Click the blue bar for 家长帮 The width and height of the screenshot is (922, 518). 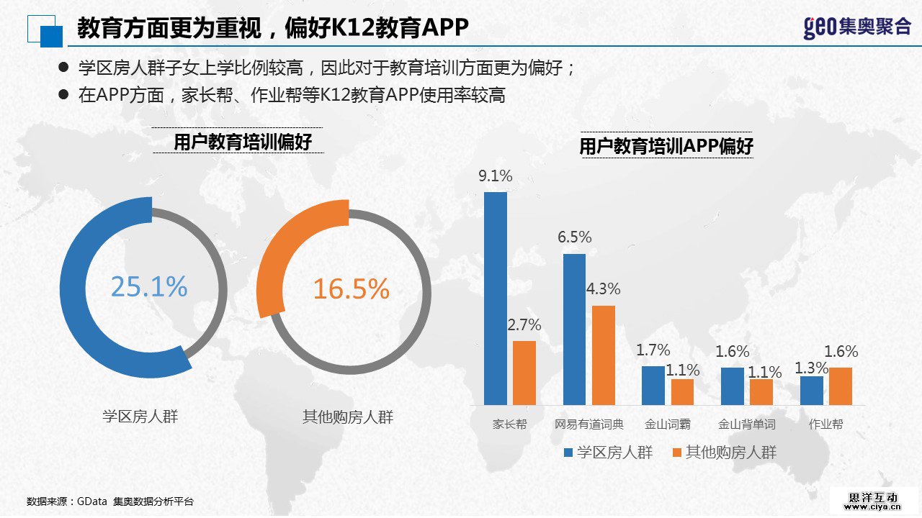(x=496, y=298)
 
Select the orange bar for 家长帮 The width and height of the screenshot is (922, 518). (x=524, y=373)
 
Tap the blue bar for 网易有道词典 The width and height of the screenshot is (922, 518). (x=574, y=329)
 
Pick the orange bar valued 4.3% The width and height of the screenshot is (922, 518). (x=604, y=355)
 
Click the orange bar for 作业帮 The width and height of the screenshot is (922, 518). (x=841, y=386)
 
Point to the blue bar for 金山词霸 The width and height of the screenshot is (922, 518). (x=653, y=385)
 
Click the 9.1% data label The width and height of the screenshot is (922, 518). (x=496, y=176)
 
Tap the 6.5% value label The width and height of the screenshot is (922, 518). (x=574, y=237)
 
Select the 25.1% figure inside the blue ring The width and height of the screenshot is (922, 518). (x=149, y=287)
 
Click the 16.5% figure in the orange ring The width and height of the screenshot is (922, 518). (x=351, y=289)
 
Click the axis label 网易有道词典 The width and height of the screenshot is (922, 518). (x=589, y=424)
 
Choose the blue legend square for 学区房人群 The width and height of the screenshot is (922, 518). (x=568, y=453)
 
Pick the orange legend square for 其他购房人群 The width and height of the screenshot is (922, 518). (x=676, y=453)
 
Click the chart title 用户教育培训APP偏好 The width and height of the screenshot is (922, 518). (x=666, y=147)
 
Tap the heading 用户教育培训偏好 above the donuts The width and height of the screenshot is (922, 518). (x=243, y=142)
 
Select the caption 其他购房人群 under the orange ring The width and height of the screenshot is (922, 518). (x=348, y=417)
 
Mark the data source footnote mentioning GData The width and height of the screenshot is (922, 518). (x=110, y=501)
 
